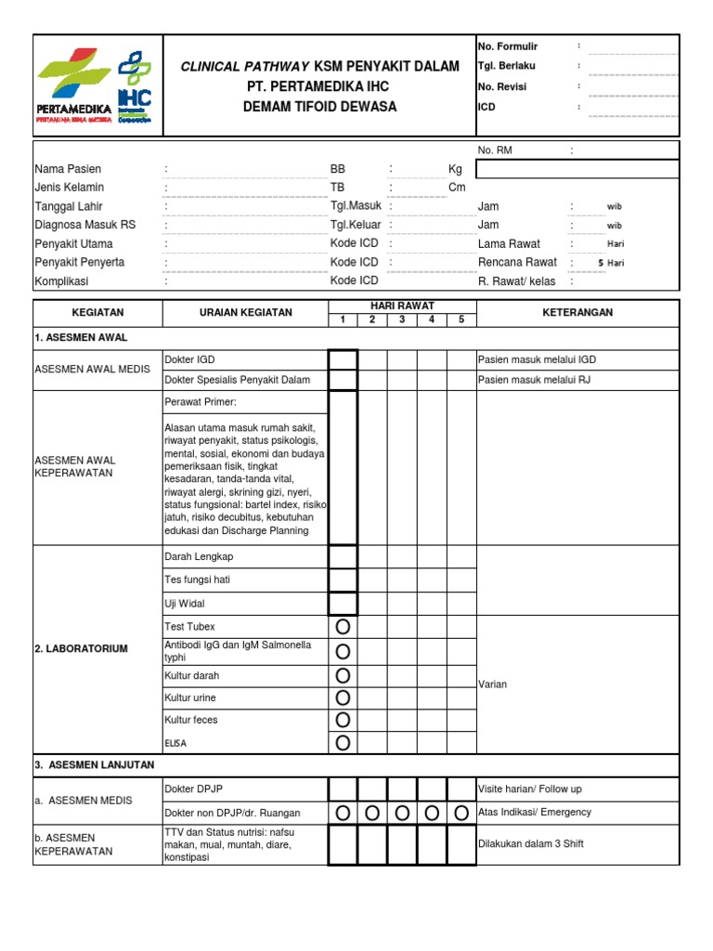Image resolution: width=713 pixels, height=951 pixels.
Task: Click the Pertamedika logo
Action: pyautogui.click(x=75, y=87)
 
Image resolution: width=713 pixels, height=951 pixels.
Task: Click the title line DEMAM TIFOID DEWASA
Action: pyautogui.click(x=319, y=107)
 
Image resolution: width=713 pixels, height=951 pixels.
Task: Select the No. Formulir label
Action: pyautogui.click(x=508, y=46)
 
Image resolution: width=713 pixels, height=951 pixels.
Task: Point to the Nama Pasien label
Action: pyautogui.click(x=68, y=169)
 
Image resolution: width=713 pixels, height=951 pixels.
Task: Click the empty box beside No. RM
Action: pyautogui.click(x=577, y=169)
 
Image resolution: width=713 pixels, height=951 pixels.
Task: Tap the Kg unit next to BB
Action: pyautogui.click(x=455, y=169)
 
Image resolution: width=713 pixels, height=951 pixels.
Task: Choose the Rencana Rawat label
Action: pyautogui.click(x=517, y=262)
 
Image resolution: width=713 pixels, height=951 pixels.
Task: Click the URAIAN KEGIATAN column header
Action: pyautogui.click(x=246, y=313)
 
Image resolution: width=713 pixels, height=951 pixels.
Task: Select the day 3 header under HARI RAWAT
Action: pyautogui.click(x=402, y=320)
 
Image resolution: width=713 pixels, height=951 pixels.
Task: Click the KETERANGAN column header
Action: pyautogui.click(x=577, y=313)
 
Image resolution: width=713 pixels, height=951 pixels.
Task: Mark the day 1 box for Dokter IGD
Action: pyautogui.click(x=343, y=359)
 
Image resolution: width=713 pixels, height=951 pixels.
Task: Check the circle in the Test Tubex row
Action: pyautogui.click(x=343, y=627)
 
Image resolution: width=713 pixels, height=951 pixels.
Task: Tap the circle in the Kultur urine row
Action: pyautogui.click(x=343, y=697)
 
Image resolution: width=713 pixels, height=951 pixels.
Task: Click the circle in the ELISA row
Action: pyautogui.click(x=343, y=742)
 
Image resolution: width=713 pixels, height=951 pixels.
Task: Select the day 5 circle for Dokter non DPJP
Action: pyautogui.click(x=461, y=814)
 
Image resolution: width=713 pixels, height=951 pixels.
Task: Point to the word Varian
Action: pyautogui.click(x=492, y=684)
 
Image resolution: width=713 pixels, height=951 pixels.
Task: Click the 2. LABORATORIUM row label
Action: pyautogui.click(x=80, y=648)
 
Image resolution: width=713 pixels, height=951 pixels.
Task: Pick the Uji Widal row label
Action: pyautogui.click(x=184, y=604)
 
